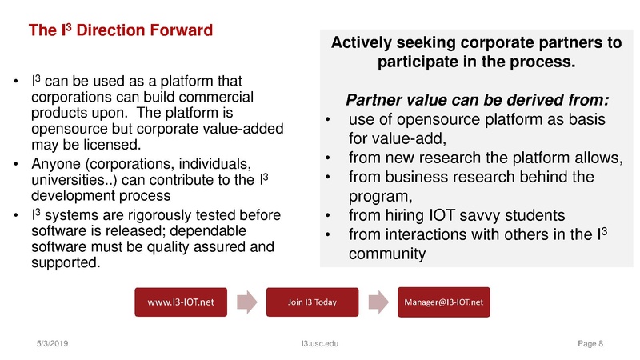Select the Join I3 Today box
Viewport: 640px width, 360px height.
[x=311, y=302]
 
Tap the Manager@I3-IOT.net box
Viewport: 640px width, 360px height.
[x=446, y=302]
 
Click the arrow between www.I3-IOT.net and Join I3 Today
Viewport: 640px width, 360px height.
[x=249, y=302]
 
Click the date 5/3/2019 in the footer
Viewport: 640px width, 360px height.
[x=52, y=343]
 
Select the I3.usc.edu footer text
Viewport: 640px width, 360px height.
[x=320, y=343]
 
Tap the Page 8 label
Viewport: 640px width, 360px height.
[x=590, y=343]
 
